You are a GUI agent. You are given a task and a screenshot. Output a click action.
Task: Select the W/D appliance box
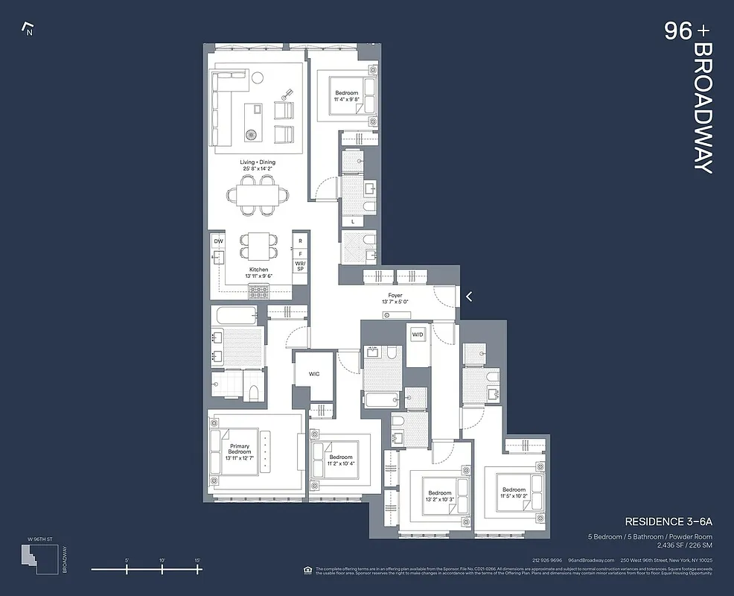pos(417,334)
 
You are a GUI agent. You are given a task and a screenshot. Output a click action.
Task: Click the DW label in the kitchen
pos(218,241)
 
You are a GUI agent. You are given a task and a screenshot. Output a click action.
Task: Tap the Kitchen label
pos(258,270)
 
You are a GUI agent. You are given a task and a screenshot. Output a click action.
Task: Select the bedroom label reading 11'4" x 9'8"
pos(346,96)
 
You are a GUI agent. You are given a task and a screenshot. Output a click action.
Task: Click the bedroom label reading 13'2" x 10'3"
pos(439,497)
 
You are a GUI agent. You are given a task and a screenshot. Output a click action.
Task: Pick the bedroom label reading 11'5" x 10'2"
pos(514,493)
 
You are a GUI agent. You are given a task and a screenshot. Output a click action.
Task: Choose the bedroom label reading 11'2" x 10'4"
pos(341,461)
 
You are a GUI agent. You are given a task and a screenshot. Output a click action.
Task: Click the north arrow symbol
pos(29,30)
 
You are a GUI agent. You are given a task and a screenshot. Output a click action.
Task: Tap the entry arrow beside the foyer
pos(469,297)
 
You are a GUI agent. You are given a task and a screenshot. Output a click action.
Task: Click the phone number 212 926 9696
pos(546,560)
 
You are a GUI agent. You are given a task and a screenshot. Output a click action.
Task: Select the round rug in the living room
pos(251,135)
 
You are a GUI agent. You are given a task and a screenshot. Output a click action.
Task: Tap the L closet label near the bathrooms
pos(353,221)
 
